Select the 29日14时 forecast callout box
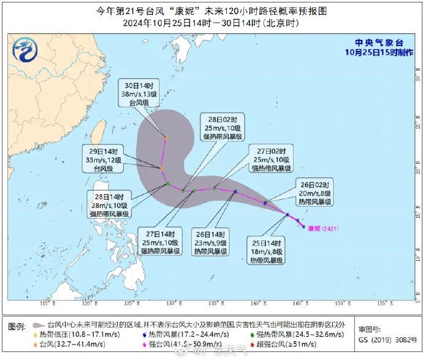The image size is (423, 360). tap(104, 159)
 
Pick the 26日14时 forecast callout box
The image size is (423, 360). tap(210, 243)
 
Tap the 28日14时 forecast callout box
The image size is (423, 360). tap(109, 205)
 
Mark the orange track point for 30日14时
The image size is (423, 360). tap(166, 137)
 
